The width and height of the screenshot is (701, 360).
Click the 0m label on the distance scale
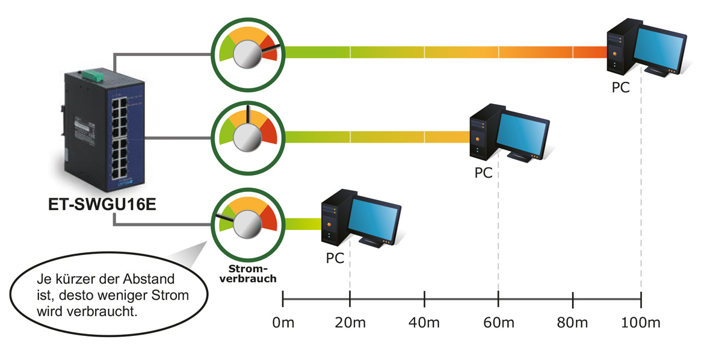coord(283,323)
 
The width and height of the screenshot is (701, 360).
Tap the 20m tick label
coord(350,323)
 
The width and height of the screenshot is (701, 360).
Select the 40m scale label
coord(425,323)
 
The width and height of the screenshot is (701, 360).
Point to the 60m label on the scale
coord(498,323)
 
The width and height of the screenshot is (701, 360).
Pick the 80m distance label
coord(572,323)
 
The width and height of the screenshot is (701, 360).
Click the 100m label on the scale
coord(640,323)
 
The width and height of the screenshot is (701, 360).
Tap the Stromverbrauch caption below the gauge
coord(248,274)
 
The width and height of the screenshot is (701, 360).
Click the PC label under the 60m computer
coord(483,173)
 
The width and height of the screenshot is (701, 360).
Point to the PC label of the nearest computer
coord(335,258)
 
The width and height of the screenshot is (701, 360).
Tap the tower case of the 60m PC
coord(481,134)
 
